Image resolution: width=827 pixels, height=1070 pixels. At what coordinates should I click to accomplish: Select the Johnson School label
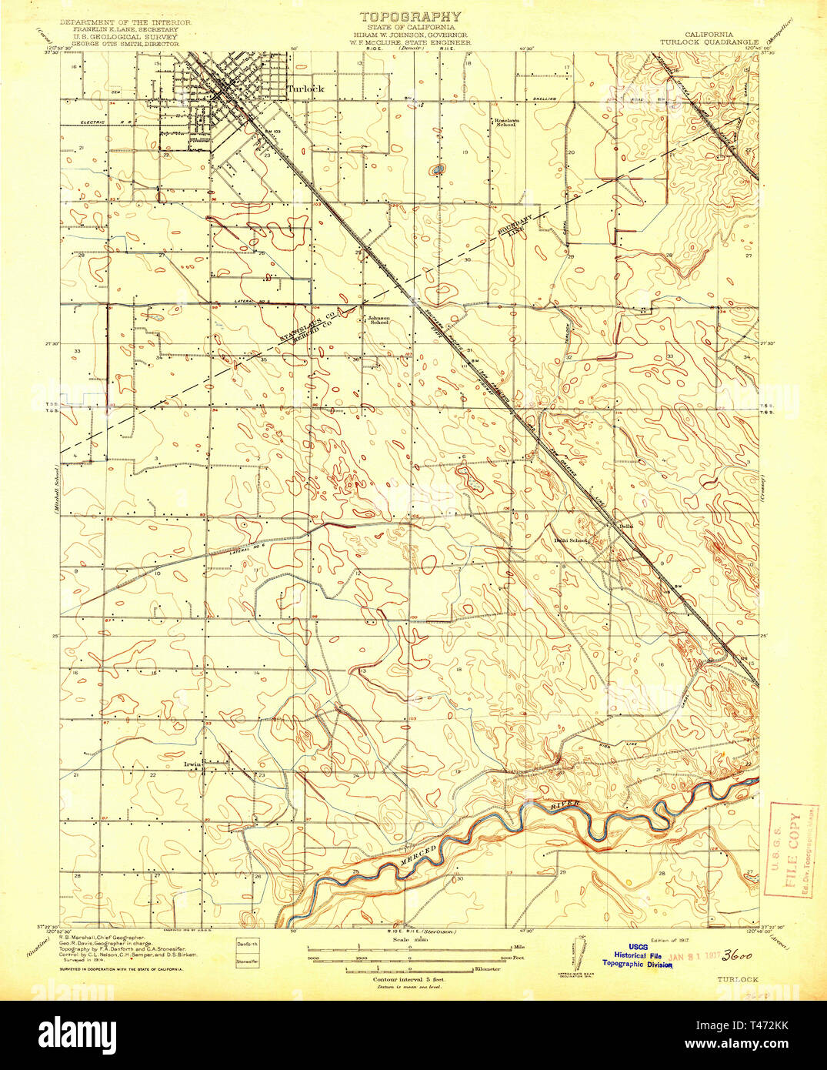(378, 320)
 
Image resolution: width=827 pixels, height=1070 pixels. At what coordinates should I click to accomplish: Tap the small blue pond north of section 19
(438, 169)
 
